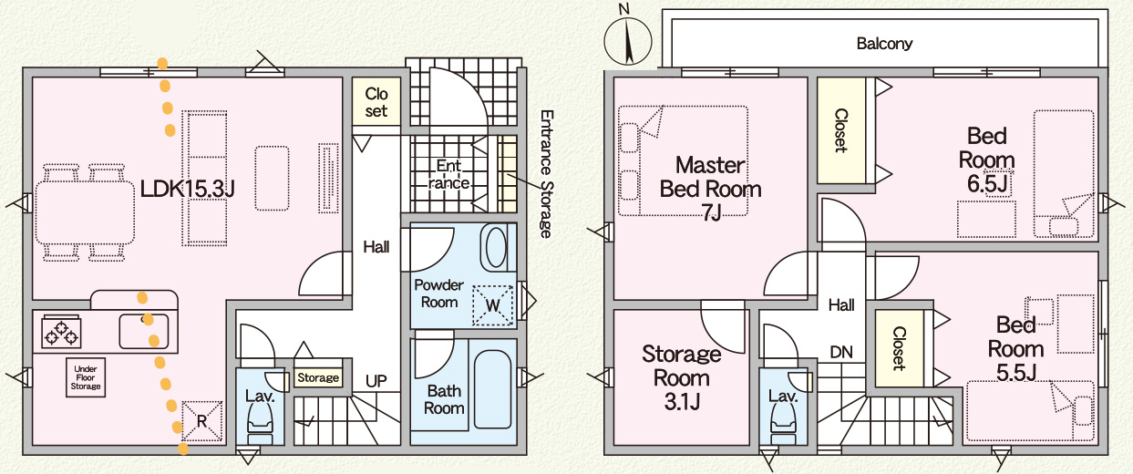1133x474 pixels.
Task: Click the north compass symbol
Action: (x=628, y=40)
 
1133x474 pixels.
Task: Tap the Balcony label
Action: (x=884, y=43)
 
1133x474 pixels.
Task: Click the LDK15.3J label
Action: (x=188, y=189)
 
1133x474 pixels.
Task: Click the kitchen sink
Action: (x=149, y=330)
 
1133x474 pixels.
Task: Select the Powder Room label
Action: (x=439, y=293)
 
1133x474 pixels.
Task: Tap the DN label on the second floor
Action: (x=840, y=351)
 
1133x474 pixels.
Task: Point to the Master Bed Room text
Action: (x=710, y=179)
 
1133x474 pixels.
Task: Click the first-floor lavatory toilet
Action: (x=260, y=418)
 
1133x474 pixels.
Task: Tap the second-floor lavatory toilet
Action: (x=783, y=420)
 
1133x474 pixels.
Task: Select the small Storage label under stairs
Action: (x=318, y=377)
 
